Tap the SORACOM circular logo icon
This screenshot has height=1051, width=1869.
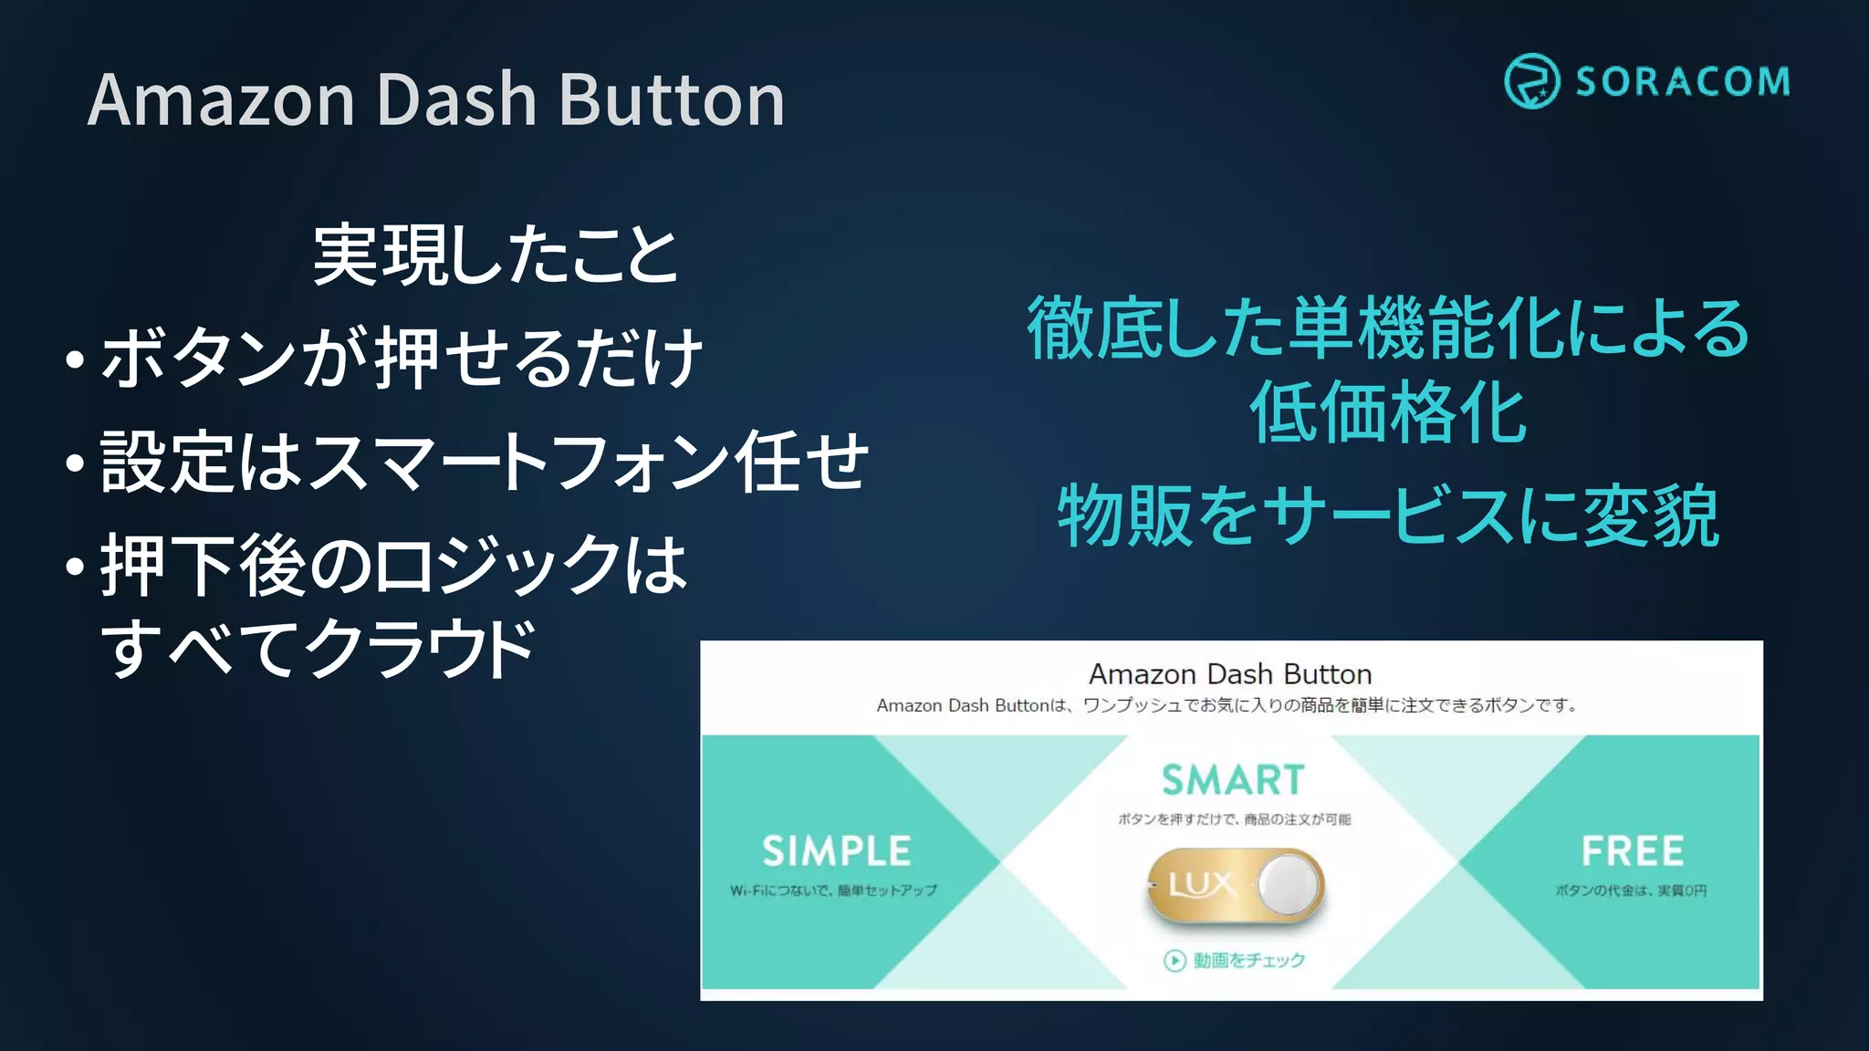point(1531,81)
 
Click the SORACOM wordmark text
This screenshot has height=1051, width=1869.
point(1682,82)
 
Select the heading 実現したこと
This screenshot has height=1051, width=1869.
point(496,255)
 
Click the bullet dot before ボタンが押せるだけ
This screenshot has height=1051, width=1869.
point(76,359)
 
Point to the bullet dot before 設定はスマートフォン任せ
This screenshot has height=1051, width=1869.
point(76,463)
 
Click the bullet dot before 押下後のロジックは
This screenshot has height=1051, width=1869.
point(76,567)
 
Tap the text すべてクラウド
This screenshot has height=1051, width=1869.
point(318,649)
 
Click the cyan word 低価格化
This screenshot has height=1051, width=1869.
point(1387,413)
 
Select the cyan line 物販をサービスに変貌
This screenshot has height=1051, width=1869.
point(1387,516)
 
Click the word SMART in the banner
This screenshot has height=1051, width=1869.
point(1233,780)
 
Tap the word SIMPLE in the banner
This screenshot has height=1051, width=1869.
point(836,851)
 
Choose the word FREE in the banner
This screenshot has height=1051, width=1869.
point(1632,851)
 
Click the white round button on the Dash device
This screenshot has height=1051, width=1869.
point(1288,884)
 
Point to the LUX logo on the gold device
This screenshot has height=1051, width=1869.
point(1201,884)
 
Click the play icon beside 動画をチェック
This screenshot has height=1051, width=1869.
point(1175,961)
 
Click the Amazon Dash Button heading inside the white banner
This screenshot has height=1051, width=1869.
point(1230,674)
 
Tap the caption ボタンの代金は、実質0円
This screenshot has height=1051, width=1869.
point(1631,890)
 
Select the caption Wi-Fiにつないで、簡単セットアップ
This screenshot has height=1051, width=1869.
point(833,890)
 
